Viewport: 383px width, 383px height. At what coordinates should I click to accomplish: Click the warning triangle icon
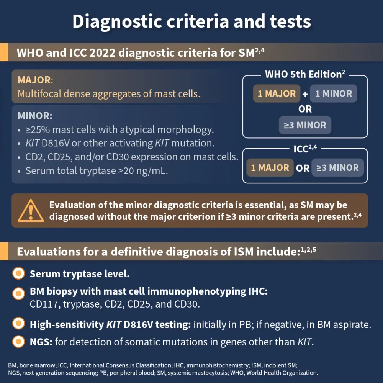click(31, 211)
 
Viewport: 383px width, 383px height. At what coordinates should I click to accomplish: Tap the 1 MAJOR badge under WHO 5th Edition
click(277, 93)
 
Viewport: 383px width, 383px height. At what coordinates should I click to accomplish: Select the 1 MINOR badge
click(334, 93)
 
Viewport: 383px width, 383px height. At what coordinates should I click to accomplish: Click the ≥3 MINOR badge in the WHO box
click(305, 125)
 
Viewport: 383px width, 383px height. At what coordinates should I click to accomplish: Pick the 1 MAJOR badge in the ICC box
click(270, 168)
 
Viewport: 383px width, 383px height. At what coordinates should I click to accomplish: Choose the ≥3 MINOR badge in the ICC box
click(337, 168)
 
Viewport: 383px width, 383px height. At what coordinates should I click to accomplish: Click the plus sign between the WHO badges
click(305, 94)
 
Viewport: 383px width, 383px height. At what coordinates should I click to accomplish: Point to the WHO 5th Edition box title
click(305, 74)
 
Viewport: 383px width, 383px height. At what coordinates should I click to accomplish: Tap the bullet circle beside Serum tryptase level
click(18, 273)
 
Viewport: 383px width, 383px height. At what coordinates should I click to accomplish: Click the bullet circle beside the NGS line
click(18, 342)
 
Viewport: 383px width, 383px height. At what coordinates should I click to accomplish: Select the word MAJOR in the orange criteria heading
click(34, 80)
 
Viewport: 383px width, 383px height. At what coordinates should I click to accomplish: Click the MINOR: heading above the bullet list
click(35, 116)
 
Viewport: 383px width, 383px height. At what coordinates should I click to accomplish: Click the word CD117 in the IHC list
click(44, 304)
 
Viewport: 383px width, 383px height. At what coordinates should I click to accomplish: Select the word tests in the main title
click(290, 21)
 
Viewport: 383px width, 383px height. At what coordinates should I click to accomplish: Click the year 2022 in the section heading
click(102, 53)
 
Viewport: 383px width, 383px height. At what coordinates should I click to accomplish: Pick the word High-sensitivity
click(67, 325)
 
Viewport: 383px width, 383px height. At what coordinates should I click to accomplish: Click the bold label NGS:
click(41, 342)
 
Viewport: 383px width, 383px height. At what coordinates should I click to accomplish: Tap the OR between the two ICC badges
click(303, 168)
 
